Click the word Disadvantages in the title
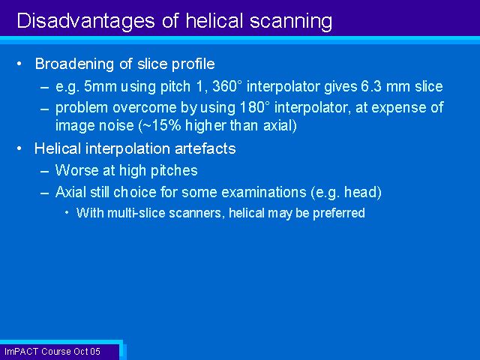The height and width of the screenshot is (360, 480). (x=85, y=21)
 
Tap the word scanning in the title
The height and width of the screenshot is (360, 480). (x=291, y=22)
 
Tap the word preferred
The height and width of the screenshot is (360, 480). (x=338, y=213)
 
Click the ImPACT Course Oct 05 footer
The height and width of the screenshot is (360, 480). (x=52, y=352)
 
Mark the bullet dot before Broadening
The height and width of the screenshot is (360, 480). (x=19, y=64)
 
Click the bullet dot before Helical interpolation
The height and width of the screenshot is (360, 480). (x=19, y=148)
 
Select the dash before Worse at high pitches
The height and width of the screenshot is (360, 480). (x=45, y=171)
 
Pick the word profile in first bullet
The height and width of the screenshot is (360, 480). (x=193, y=64)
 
